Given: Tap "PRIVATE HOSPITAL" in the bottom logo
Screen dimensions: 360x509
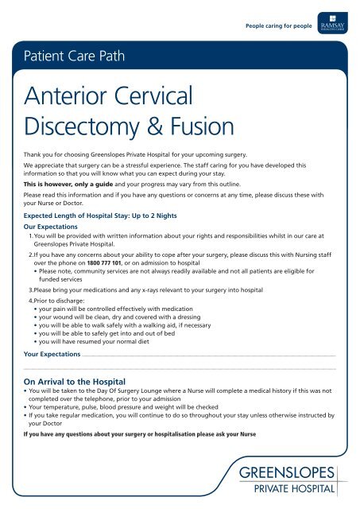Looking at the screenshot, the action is [x=292, y=489].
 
